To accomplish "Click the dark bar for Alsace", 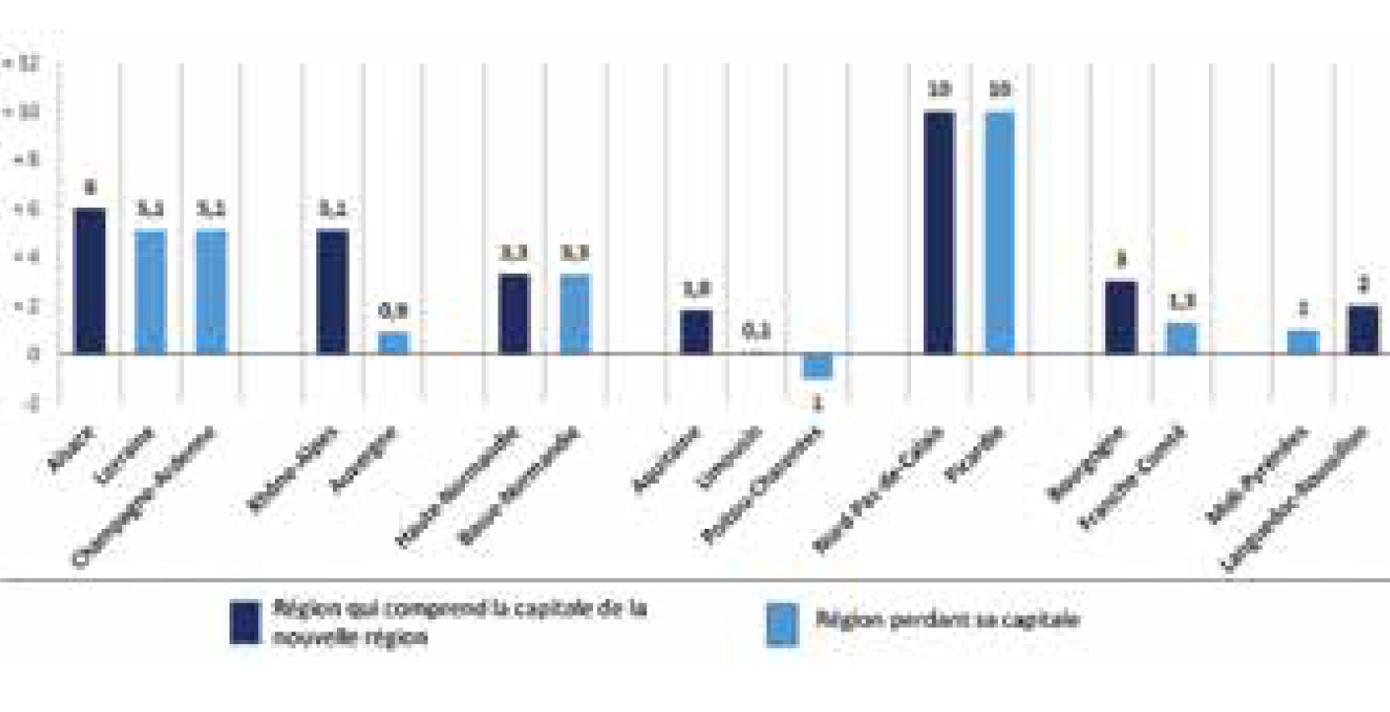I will (90, 281).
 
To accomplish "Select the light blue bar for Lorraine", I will (151, 291).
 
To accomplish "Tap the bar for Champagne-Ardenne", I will (212, 291).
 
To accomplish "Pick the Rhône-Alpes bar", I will (333, 291).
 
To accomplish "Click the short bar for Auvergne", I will (393, 343).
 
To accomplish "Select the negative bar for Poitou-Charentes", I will (818, 365).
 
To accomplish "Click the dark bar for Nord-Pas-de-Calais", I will (939, 232).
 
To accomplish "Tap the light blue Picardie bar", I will (999, 232).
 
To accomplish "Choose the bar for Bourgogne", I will (1121, 317).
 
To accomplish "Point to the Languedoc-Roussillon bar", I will (1363, 329).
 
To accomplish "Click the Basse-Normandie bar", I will (575, 314).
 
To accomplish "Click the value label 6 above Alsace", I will (90, 186).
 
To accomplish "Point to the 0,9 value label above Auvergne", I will (393, 311).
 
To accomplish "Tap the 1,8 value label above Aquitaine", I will (696, 290).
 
